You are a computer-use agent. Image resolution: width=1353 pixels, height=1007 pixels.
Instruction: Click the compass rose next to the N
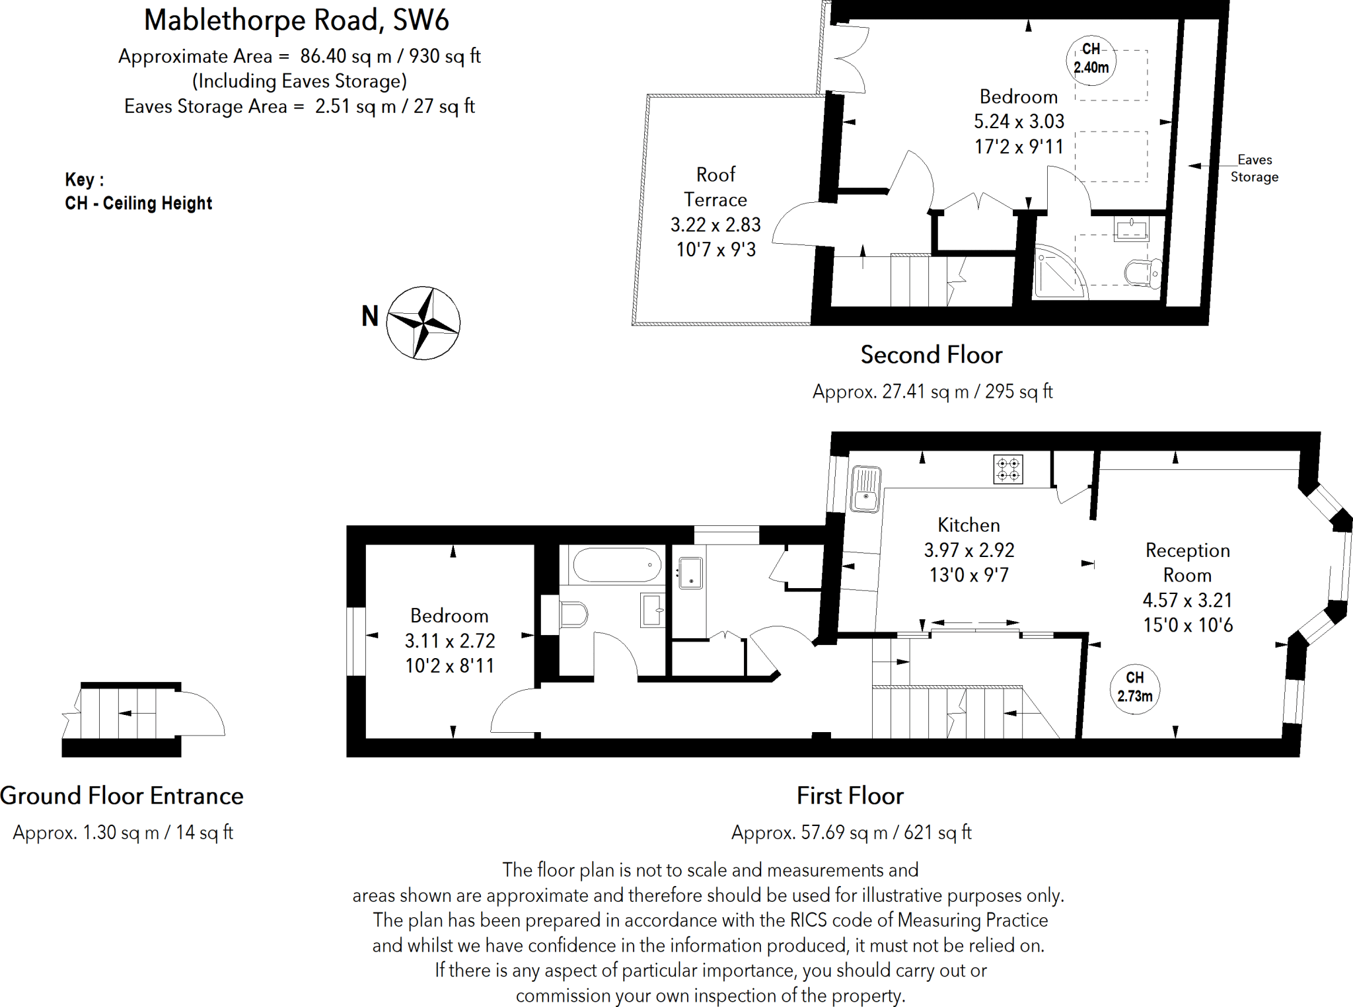click(x=423, y=323)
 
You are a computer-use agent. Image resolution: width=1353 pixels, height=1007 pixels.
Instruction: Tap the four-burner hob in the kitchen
click(x=1008, y=469)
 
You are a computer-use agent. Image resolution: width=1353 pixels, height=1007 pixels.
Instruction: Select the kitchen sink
click(x=865, y=489)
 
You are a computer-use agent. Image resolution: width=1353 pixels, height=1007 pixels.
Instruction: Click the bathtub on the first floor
click(x=616, y=565)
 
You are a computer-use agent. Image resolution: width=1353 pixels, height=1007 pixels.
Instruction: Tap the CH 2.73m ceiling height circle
click(x=1134, y=687)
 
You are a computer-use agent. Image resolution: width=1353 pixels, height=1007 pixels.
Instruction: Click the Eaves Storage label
click(x=1254, y=168)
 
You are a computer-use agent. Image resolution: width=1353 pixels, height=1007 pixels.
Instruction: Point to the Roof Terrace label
click(x=715, y=187)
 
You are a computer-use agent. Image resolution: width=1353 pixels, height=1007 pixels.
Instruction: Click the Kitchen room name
click(x=969, y=525)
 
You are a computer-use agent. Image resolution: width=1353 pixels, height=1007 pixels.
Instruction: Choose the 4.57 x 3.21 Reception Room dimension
click(x=1187, y=600)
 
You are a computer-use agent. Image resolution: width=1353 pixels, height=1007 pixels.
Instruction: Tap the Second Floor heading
click(x=931, y=355)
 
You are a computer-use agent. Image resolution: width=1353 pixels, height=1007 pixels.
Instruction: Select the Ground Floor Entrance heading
click(x=122, y=796)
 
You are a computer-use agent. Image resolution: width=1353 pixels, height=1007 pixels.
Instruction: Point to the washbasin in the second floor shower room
click(x=1131, y=230)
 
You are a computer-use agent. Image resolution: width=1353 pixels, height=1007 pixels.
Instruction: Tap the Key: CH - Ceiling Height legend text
click(x=138, y=192)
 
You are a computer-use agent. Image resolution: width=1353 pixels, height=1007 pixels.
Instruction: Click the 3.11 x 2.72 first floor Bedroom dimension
click(x=449, y=641)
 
